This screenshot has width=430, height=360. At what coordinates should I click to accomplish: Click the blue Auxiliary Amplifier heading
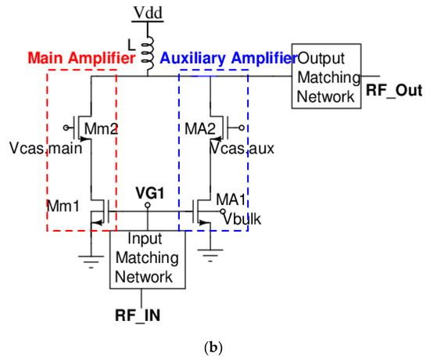[223, 59]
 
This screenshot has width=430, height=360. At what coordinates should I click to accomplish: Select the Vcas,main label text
[56, 148]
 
